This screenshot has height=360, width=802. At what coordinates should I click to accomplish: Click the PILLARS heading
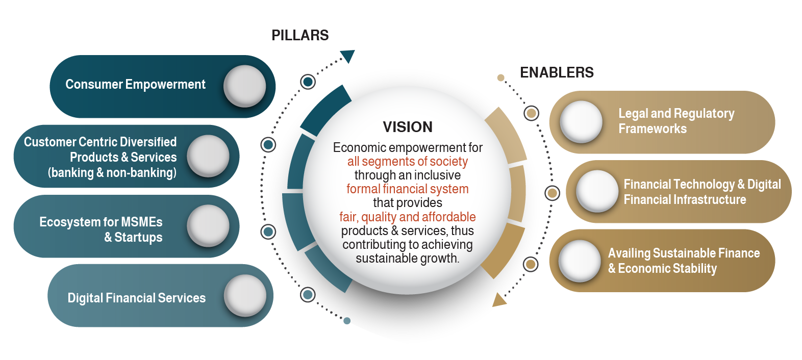pyautogui.click(x=300, y=35)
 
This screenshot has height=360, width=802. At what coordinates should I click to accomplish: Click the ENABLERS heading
pyautogui.click(x=557, y=72)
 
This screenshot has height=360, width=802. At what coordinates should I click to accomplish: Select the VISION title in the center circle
pyautogui.click(x=408, y=127)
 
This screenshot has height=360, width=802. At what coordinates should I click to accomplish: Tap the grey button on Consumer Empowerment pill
pyautogui.click(x=245, y=86)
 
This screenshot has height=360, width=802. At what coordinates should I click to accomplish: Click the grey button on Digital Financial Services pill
pyautogui.click(x=245, y=296)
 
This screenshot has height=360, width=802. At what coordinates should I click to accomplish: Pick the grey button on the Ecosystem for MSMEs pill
pyautogui.click(x=208, y=226)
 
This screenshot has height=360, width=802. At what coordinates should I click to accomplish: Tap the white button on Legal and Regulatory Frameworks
pyautogui.click(x=581, y=122)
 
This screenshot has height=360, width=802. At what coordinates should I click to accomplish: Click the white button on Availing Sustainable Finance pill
pyautogui.click(x=580, y=261)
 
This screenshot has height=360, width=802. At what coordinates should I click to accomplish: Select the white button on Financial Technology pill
pyautogui.click(x=597, y=191)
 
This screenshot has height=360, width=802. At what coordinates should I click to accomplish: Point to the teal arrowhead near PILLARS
pyautogui.click(x=348, y=56)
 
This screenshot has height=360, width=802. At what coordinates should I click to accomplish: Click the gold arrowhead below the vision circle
pyautogui.click(x=498, y=300)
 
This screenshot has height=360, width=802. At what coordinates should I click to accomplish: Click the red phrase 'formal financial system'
pyautogui.click(x=408, y=189)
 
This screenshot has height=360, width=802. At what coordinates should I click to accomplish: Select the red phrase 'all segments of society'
pyautogui.click(x=408, y=162)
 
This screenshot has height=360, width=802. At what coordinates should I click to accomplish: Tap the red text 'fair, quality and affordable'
pyautogui.click(x=408, y=217)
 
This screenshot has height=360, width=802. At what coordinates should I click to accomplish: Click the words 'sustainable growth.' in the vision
pyautogui.click(x=408, y=259)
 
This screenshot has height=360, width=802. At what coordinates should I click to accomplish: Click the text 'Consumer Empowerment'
pyautogui.click(x=136, y=85)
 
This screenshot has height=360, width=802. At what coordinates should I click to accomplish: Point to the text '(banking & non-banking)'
pyautogui.click(x=112, y=173)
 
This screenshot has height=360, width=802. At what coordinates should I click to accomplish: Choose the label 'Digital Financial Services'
pyautogui.click(x=137, y=298)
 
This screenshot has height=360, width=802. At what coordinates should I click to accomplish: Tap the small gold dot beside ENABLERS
pyautogui.click(x=501, y=78)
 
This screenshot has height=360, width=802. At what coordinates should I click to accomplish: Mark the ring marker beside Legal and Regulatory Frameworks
pyautogui.click(x=532, y=113)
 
